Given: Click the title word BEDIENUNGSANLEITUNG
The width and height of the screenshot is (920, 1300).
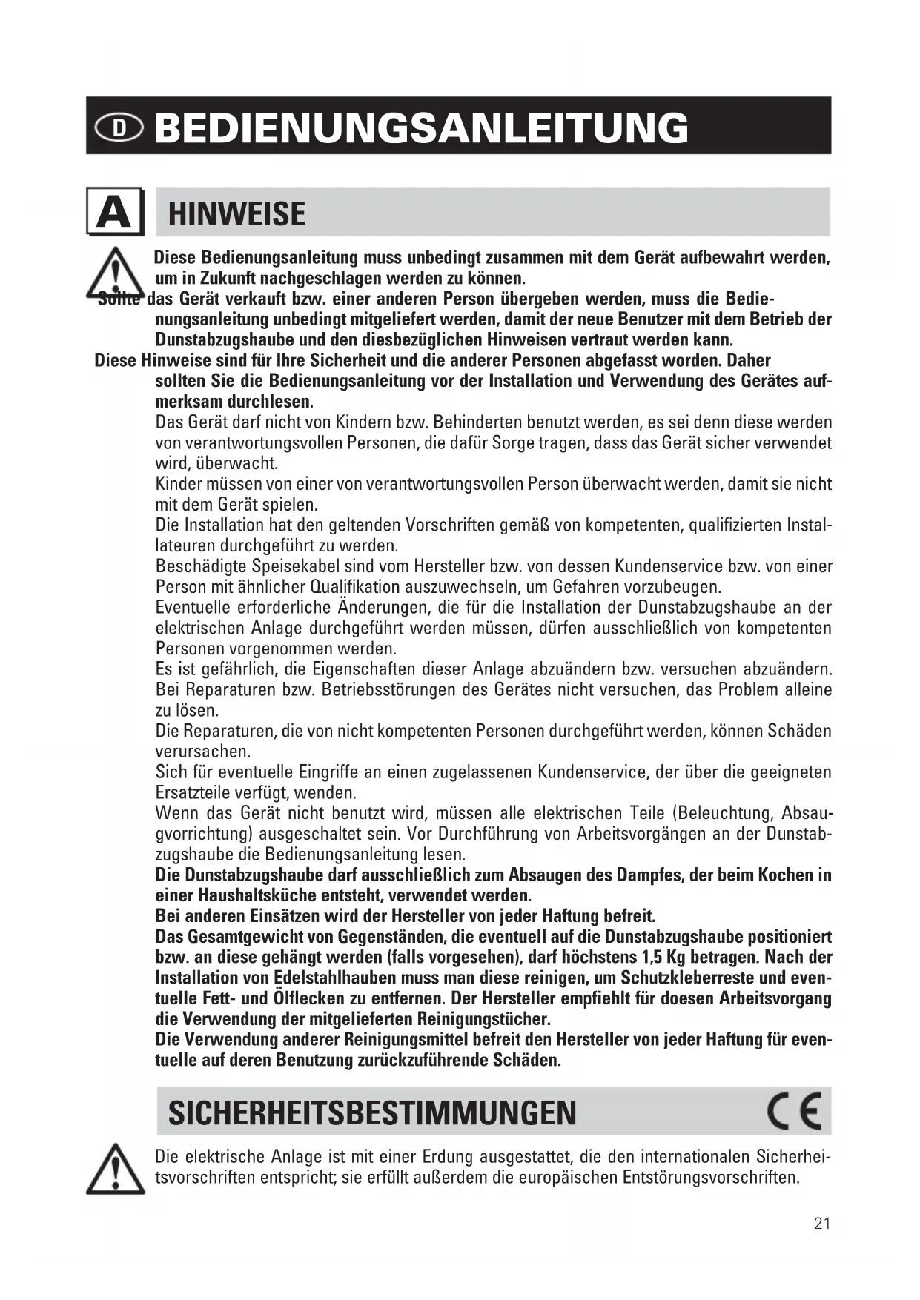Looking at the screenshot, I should [x=421, y=127].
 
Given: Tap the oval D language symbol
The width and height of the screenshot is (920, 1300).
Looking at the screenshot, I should [x=119, y=127].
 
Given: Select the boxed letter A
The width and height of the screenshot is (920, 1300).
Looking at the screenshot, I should [x=114, y=212].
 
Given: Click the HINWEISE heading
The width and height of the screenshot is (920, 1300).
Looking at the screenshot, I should [x=236, y=214].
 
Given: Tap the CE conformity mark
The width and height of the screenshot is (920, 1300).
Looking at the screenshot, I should [x=794, y=1112].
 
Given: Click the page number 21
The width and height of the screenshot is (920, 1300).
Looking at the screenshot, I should [x=822, y=1224].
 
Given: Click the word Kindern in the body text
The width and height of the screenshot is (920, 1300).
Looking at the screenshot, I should [x=363, y=422].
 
